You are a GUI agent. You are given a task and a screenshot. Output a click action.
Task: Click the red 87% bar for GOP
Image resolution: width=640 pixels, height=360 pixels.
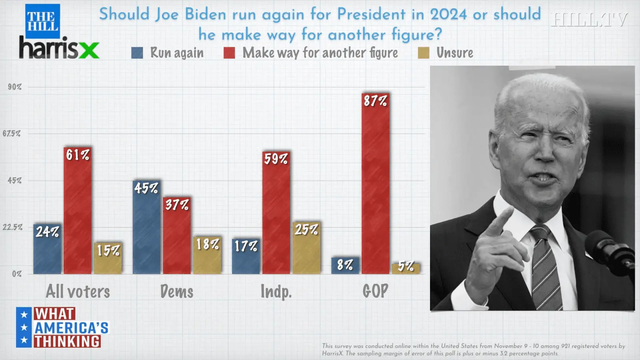point(376,188)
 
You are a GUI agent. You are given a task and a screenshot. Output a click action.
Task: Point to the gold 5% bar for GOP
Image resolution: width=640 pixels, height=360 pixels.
point(406,269)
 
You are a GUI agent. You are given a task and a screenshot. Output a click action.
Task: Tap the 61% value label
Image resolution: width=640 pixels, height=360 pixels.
point(78,155)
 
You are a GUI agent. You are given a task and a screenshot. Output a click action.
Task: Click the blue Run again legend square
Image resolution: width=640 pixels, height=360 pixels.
point(137,53)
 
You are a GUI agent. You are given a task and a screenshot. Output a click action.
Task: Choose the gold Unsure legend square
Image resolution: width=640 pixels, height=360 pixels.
point(424,53)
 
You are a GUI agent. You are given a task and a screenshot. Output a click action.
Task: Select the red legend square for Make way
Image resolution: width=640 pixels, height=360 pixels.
point(229,53)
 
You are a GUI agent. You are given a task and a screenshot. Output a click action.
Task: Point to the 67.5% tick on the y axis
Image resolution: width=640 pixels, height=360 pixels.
point(11,134)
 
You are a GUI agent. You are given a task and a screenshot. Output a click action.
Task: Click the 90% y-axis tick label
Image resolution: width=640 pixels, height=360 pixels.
point(15,87)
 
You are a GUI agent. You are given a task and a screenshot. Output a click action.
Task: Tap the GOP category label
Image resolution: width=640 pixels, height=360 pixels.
point(375,291)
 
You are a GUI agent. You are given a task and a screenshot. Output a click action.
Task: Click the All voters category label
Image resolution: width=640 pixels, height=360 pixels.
point(78,292)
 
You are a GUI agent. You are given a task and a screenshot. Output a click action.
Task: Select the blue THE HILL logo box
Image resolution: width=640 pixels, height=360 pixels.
point(42,21)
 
